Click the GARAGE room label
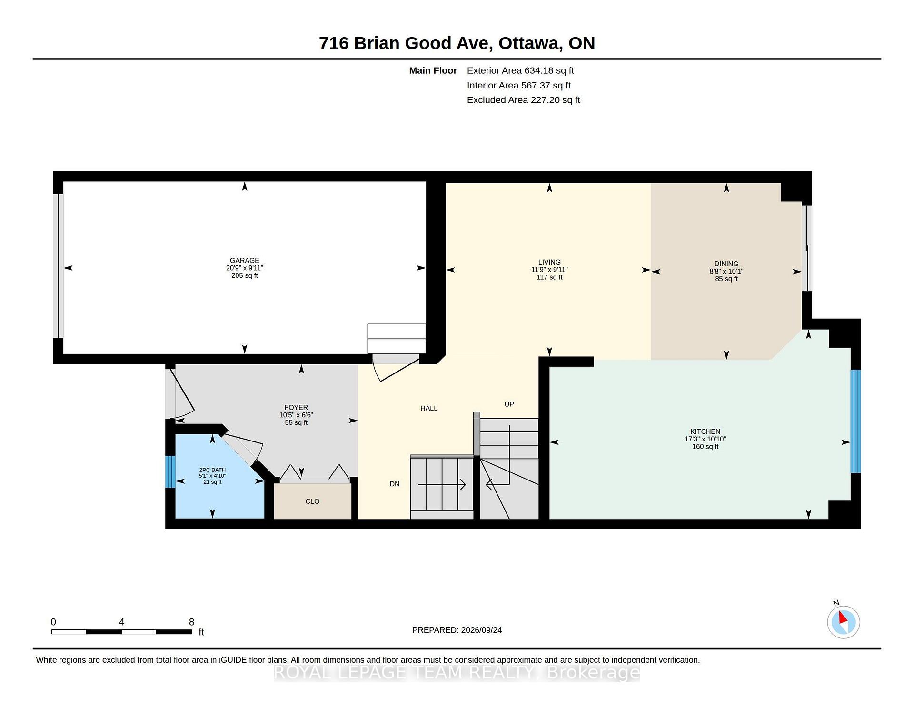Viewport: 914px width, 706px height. (245, 260)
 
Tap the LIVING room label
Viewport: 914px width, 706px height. (549, 262)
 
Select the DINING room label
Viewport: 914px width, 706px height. (726, 264)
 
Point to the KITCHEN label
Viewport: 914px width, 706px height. (705, 431)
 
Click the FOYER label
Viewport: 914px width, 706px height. (296, 407)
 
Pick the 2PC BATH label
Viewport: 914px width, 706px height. (212, 470)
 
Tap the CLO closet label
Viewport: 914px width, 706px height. (312, 501)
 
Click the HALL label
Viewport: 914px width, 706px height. (429, 408)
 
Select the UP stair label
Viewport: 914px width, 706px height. (509, 404)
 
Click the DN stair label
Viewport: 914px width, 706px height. (395, 484)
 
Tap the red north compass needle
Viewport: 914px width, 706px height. (843, 618)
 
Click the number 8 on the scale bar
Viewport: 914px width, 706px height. (192, 622)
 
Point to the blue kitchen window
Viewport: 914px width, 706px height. (855, 421)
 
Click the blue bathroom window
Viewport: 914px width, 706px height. (170, 472)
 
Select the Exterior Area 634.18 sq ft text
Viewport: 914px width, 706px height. (520, 71)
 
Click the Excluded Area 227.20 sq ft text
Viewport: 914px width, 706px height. (524, 100)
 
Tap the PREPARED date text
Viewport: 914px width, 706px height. (457, 630)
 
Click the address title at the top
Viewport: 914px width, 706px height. (457, 43)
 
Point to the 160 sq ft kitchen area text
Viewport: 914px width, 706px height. (705, 447)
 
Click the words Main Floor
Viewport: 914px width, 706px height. (433, 71)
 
